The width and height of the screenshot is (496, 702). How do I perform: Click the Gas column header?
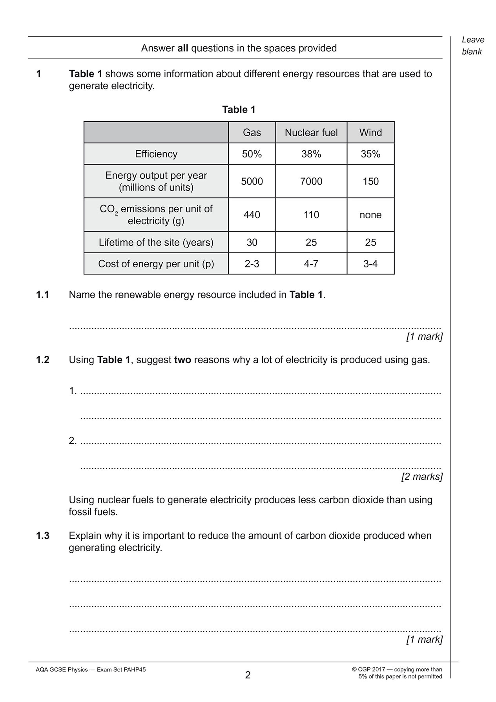pos(252,132)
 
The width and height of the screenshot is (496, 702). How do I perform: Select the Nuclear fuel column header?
pos(311,132)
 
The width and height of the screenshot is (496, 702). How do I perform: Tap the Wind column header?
pos(370,132)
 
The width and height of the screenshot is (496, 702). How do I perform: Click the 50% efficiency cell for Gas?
pos(252,154)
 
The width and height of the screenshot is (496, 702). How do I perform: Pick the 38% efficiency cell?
pos(311,154)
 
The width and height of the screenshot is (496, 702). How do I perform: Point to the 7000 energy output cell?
pos(311,181)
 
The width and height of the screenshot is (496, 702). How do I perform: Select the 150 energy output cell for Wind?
pos(370,181)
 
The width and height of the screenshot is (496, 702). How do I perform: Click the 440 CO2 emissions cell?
pos(252,215)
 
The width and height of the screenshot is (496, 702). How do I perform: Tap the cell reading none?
pos(370,215)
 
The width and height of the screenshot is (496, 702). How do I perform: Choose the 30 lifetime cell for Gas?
pos(252,242)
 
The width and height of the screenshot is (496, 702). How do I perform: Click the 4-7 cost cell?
pos(311,263)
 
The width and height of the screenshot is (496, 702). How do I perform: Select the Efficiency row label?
pos(156,154)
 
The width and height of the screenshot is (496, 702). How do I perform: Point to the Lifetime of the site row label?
pos(156,242)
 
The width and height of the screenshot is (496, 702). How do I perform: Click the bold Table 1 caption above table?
pos(239,110)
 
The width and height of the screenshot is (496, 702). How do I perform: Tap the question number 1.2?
pos(43,360)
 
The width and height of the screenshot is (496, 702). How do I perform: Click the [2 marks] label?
pos(421,477)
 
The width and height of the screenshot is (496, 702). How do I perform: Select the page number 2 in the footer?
pos(248,675)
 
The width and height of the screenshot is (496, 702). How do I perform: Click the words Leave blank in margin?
pos(472,46)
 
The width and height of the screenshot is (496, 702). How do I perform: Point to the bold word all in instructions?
pos(183,48)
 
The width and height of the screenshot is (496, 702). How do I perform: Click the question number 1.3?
pos(43,536)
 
